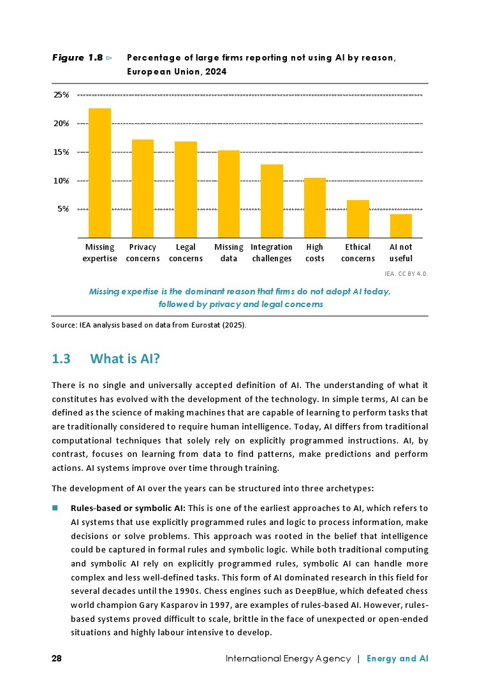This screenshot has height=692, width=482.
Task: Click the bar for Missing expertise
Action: [99, 173]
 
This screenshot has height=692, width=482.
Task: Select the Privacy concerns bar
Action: [143, 188]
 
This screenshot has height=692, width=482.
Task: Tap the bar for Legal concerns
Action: [186, 189]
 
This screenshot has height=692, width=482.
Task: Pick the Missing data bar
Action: [229, 194]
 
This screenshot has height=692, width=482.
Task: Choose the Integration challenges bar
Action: [272, 201]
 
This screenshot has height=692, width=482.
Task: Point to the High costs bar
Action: [315, 207]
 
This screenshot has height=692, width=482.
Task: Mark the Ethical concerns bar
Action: [358, 219]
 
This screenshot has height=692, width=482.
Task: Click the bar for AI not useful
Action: [401, 226]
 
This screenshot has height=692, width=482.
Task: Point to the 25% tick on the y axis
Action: [61, 95]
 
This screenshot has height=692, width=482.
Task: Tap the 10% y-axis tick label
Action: [61, 181]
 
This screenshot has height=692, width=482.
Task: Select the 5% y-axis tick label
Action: [64, 209]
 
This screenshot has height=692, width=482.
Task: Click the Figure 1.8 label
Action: [78, 58]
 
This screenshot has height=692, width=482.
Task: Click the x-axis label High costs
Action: [315, 252]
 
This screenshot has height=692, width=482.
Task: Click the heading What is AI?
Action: [125, 359]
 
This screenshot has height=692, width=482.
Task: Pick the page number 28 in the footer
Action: [57, 658]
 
